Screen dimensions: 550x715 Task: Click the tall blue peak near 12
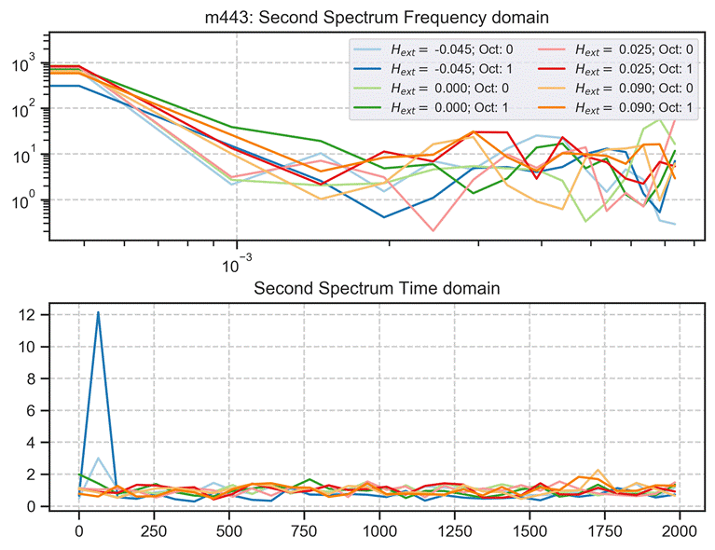(98, 313)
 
